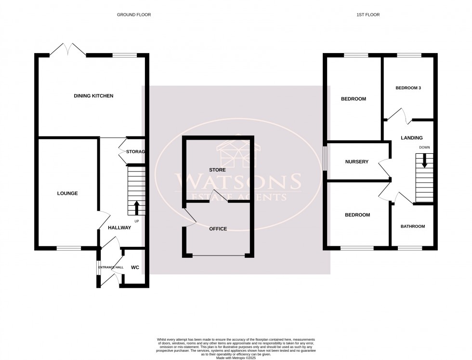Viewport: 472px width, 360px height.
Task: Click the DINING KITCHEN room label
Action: [x=93, y=96]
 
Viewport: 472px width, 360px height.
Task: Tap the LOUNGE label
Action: [x=67, y=193]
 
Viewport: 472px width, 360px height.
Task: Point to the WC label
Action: [x=135, y=267]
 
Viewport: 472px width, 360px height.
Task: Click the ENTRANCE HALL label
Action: [x=111, y=267]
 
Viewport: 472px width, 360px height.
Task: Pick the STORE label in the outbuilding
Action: [x=217, y=170]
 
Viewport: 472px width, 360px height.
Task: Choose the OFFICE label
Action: [x=217, y=229]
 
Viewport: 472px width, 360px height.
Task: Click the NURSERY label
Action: [x=356, y=162]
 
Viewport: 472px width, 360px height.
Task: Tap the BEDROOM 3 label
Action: [x=408, y=88]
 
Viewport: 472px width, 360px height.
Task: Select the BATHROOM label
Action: [x=413, y=226]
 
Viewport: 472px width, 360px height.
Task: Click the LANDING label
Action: [x=411, y=138]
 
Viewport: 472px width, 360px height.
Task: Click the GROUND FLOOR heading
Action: [x=134, y=15]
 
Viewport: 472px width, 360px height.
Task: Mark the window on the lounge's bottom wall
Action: [x=69, y=248]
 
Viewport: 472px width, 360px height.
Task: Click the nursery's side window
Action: [x=325, y=158]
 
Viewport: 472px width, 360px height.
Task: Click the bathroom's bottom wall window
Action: [x=410, y=248]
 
